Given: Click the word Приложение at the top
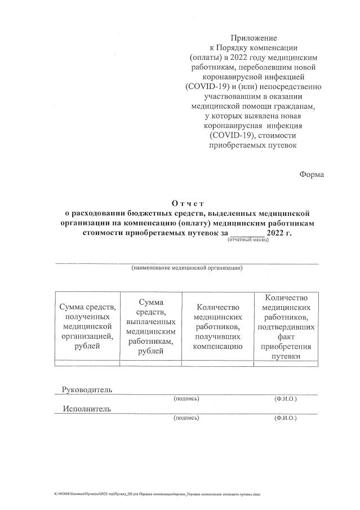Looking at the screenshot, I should pyautogui.click(x=253, y=38).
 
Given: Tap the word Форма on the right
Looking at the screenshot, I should pyautogui.click(x=312, y=174).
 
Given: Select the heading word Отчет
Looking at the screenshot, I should pyautogui.click(x=187, y=203).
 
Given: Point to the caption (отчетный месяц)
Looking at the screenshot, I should pyautogui.click(x=248, y=240).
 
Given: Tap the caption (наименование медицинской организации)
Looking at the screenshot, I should pyautogui.click(x=186, y=268).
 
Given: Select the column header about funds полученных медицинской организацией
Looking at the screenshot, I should pyautogui.click(x=87, y=326).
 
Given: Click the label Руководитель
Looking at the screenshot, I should pyautogui.click(x=87, y=389).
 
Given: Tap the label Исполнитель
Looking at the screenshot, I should pyautogui.click(x=87, y=409).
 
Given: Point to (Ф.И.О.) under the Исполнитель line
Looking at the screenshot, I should pyautogui.click(x=285, y=418).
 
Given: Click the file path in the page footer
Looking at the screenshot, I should pyautogui.click(x=154, y=493).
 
